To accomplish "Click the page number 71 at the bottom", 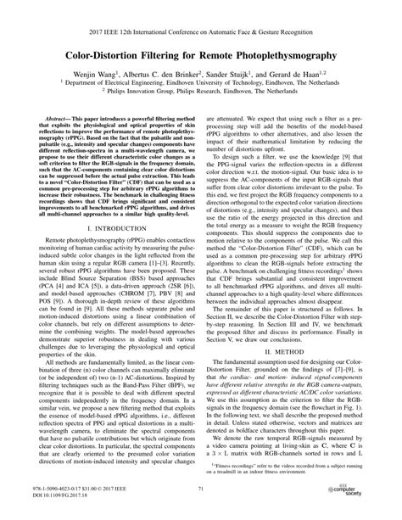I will [x=201, y=489].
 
